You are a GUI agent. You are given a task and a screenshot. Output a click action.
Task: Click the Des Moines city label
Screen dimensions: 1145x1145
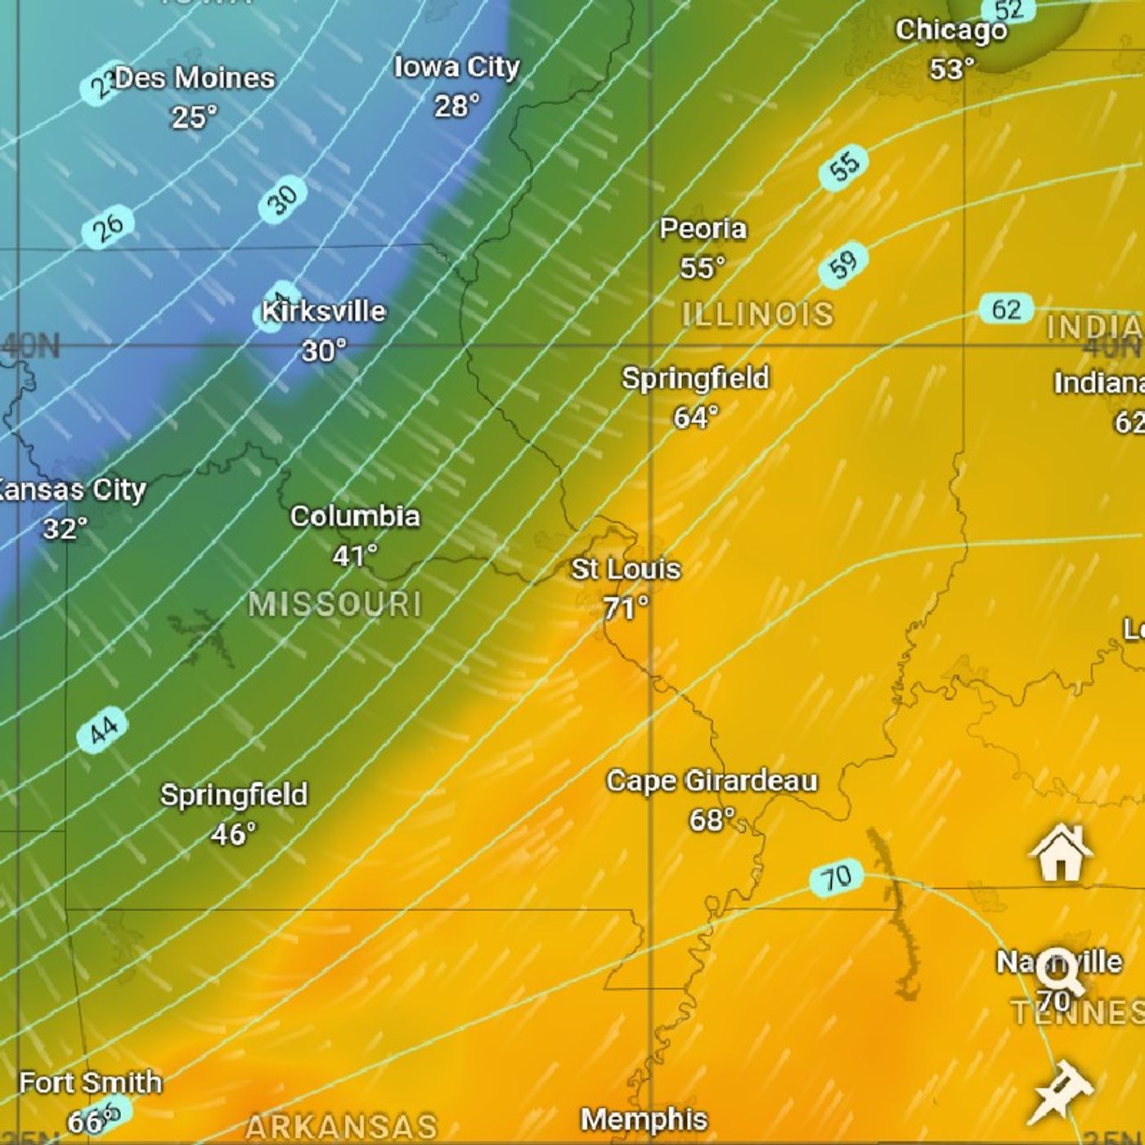[x=195, y=79]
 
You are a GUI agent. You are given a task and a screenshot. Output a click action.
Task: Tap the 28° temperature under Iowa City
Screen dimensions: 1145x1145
[x=456, y=106]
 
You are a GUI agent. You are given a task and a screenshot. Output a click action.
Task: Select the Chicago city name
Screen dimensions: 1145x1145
[x=951, y=31]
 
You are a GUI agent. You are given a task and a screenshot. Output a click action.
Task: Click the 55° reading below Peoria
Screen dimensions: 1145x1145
[x=702, y=267]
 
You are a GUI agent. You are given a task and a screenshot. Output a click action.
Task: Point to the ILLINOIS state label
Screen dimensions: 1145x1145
[x=757, y=314]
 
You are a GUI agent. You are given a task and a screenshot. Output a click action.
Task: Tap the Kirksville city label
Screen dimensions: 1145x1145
[x=324, y=312]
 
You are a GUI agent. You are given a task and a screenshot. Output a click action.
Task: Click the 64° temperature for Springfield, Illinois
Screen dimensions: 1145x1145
[x=695, y=417]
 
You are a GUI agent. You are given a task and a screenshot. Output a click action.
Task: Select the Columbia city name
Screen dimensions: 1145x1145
[x=355, y=516]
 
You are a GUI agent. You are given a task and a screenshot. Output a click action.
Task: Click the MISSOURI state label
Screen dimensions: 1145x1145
[x=335, y=604]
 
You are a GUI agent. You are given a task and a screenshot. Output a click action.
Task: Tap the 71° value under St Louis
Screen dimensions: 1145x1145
[x=626, y=608]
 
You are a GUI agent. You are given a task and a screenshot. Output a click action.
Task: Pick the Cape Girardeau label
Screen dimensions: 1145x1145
[x=712, y=781]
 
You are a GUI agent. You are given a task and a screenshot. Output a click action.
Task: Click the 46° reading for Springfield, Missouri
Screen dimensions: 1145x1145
[x=233, y=834]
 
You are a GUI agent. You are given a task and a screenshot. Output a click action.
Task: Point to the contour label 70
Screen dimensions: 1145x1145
[x=836, y=878]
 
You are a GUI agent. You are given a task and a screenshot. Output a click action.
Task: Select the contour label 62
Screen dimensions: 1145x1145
[x=1006, y=309]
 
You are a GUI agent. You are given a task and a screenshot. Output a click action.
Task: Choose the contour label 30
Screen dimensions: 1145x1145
[x=282, y=200]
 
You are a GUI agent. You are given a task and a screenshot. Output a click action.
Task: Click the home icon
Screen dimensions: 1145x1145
[x=1061, y=852]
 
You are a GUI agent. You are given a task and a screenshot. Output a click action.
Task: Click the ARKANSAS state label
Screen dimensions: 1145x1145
[x=341, y=1127]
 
